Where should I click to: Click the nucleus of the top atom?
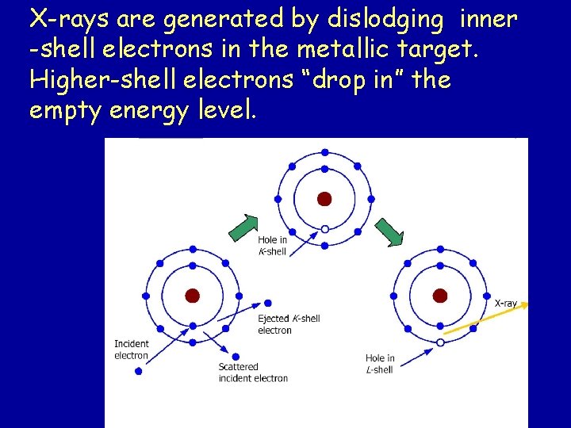[x=324, y=199]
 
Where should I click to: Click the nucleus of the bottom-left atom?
[x=192, y=296]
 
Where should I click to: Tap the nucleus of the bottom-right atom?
[x=440, y=296]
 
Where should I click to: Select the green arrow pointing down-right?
[x=390, y=233]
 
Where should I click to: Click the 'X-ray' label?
[x=506, y=303]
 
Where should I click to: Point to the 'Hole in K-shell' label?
[x=272, y=246]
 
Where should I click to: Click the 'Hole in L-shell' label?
[x=380, y=364]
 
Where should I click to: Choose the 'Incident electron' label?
[x=132, y=350]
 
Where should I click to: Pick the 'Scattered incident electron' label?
[x=253, y=373]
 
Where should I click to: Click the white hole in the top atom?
[x=324, y=229]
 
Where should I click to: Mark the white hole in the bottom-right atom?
[x=440, y=342]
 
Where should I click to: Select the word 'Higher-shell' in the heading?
[x=94, y=79]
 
